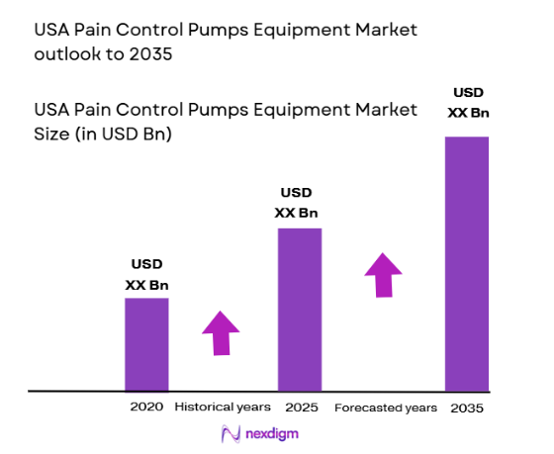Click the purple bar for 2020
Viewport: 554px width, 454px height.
(146, 343)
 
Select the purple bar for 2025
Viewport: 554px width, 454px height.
(299, 309)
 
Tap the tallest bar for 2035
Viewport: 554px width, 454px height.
(467, 263)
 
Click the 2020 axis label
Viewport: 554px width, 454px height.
(146, 407)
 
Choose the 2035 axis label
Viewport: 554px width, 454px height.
(467, 408)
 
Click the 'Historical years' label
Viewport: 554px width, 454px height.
(223, 407)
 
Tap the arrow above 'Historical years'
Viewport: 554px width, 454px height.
(221, 332)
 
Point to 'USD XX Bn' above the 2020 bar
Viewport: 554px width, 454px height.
(146, 275)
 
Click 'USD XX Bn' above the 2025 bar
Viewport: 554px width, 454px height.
(299, 203)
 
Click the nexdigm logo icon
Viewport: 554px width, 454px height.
(231, 433)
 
